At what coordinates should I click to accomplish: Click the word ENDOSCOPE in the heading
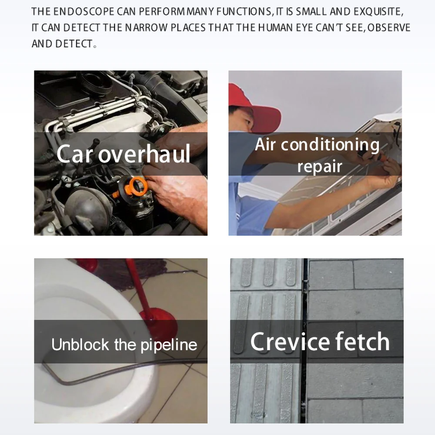coord(84,12)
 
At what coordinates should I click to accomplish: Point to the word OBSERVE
coord(389,28)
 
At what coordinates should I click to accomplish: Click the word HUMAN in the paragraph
coord(275,28)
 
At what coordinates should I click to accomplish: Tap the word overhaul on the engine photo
coord(144,154)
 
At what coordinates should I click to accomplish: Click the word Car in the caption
coord(74,154)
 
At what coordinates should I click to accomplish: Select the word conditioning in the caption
coord(330,145)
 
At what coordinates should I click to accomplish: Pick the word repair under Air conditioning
coord(320,167)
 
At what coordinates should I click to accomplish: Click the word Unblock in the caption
coord(80,345)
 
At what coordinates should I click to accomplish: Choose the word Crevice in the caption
coord(290,341)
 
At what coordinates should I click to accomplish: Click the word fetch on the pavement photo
coord(362,341)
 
